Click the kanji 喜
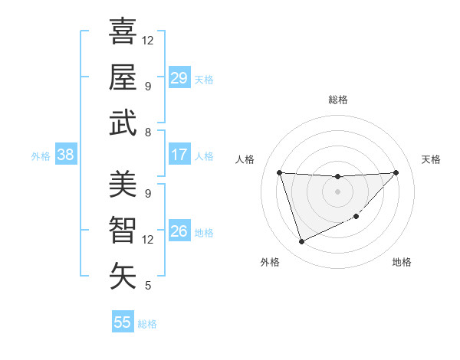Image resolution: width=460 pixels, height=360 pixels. point(123,31)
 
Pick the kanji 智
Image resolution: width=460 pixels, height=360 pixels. point(123,230)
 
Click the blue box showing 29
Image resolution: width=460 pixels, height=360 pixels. point(179,78)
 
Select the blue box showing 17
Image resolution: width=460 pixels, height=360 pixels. point(179,155)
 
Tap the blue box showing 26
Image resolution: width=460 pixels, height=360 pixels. point(179,232)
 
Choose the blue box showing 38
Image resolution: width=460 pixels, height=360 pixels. point(66,155)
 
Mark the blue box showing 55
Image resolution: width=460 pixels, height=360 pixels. point(123,322)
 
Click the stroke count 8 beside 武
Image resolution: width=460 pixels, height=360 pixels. point(147,133)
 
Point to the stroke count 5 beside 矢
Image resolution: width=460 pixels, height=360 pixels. point(147,286)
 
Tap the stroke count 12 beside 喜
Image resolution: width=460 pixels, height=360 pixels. point(148,40)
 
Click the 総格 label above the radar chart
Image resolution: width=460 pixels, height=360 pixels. point(338,100)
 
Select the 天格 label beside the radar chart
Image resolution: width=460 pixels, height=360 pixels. point(431,159)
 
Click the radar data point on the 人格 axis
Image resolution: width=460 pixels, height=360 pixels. point(280,172)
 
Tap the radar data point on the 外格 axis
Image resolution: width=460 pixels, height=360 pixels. point(301,242)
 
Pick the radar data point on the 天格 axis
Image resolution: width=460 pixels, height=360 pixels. point(396,172)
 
